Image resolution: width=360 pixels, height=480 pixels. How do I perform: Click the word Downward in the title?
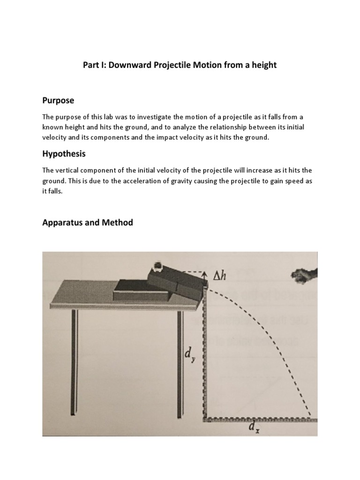pyautogui.click(x=131, y=65)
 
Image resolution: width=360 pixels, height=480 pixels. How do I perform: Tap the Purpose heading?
pyautogui.click(x=58, y=101)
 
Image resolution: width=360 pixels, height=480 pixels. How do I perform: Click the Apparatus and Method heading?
pyautogui.click(x=88, y=223)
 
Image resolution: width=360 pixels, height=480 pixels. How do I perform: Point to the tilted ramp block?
pyautogui.click(x=176, y=281)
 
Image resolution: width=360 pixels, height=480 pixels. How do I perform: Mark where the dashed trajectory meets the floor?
pyautogui.click(x=310, y=417)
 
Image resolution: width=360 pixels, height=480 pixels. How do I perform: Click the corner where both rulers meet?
pyautogui.click(x=205, y=418)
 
